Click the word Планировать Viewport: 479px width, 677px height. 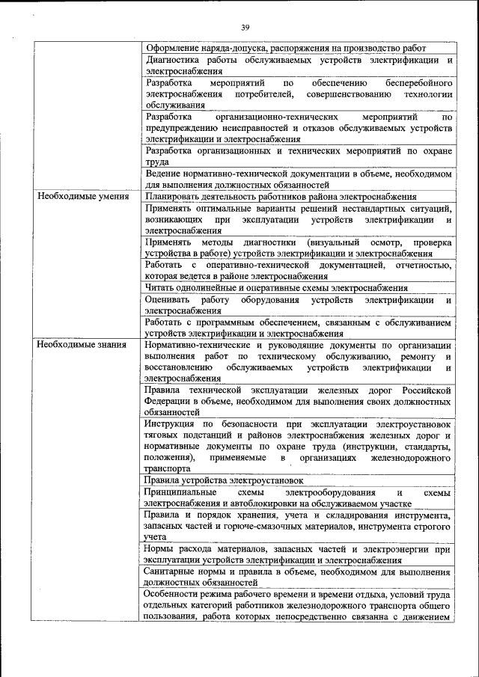pos(174,196)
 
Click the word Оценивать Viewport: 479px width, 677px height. pos(168,300)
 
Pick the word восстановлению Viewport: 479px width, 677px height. pos(179,368)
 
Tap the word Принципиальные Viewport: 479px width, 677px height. pos(181,492)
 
